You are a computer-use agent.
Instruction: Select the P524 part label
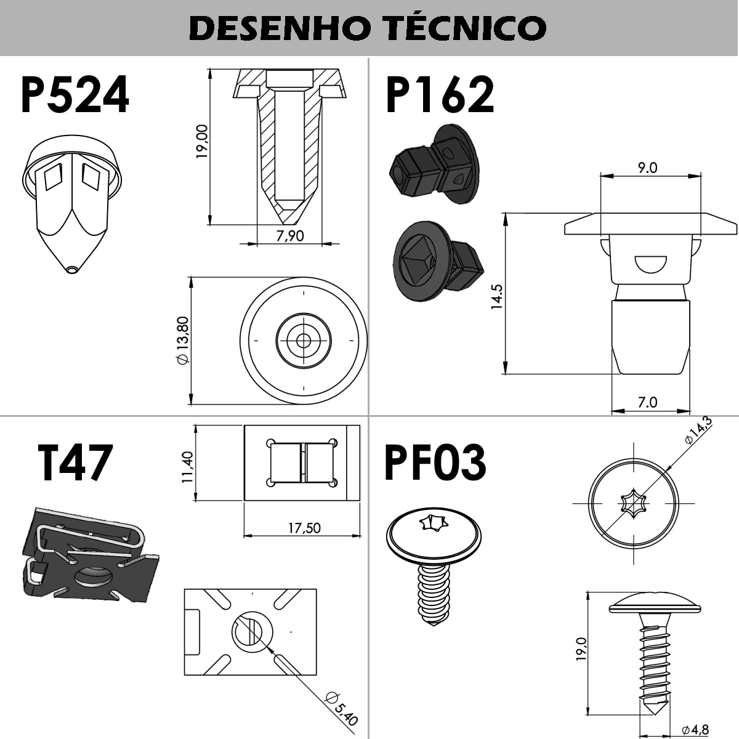click(x=75, y=95)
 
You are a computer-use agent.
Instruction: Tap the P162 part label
click(x=440, y=95)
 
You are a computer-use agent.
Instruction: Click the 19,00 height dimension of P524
click(x=203, y=142)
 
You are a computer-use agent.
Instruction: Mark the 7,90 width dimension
click(x=290, y=235)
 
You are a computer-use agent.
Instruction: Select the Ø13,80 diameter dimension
click(x=182, y=341)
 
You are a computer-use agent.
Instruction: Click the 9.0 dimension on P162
click(x=647, y=168)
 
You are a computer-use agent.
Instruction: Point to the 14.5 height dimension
click(x=497, y=296)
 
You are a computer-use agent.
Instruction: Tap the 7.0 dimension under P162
click(x=647, y=402)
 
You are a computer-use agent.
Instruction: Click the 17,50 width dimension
click(x=304, y=528)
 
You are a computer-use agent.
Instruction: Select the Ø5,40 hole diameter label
click(x=341, y=708)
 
